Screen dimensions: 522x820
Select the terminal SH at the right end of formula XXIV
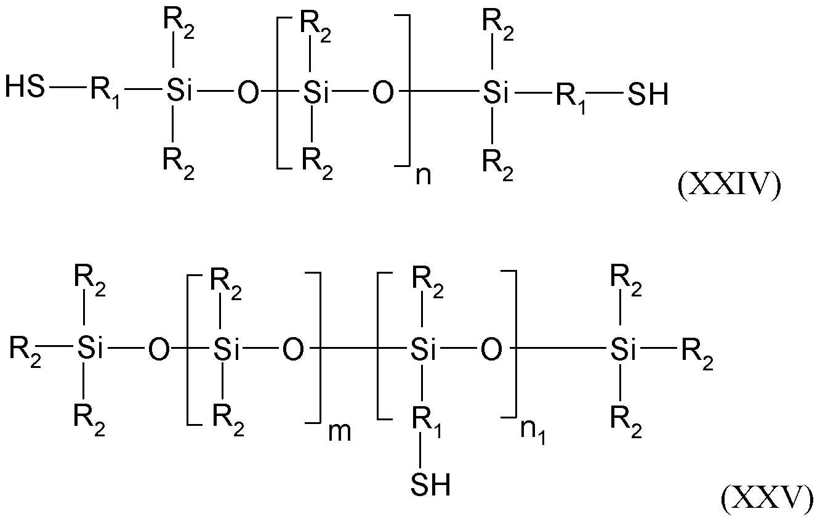click(x=648, y=94)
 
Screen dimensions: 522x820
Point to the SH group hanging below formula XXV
click(x=430, y=485)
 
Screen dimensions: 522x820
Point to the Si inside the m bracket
click(x=225, y=350)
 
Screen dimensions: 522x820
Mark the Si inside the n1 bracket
click(x=423, y=350)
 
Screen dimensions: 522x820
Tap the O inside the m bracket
click(x=292, y=350)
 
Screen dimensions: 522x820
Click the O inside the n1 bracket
click(x=491, y=350)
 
